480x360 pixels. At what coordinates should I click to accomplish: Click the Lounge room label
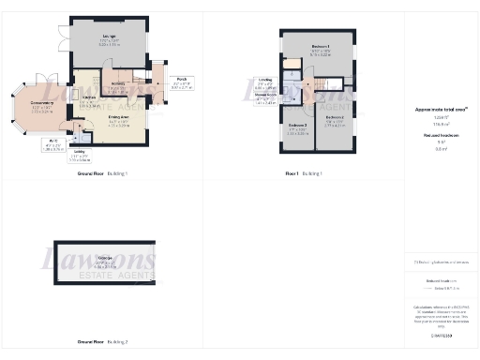tap(110, 40)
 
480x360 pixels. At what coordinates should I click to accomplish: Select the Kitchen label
tap(89, 98)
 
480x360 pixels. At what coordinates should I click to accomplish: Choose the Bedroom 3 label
tap(297, 127)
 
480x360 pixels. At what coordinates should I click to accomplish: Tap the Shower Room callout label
tap(266, 96)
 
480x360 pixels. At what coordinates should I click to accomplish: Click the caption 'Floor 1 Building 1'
tap(304, 174)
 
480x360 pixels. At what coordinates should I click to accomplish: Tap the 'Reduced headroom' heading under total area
tap(441, 135)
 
